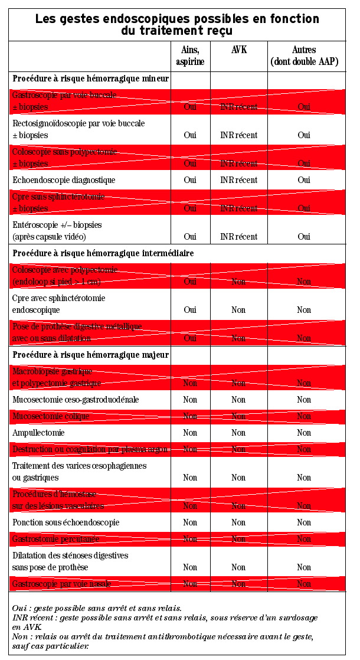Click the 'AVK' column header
click(x=238, y=50)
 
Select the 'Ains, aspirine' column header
click(x=189, y=55)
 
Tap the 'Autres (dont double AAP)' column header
click(x=303, y=55)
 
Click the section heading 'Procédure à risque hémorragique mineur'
click(x=91, y=79)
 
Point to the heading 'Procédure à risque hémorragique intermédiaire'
click(x=103, y=253)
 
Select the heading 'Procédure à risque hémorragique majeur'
click(x=91, y=355)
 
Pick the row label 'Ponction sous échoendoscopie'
click(x=66, y=522)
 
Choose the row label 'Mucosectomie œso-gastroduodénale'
click(x=76, y=400)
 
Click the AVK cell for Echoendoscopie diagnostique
click(x=238, y=180)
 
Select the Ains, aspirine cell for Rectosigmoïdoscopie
click(x=190, y=135)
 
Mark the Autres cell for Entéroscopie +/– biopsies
click(x=303, y=237)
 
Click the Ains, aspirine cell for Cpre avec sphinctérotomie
click(x=190, y=310)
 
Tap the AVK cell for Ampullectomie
click(x=238, y=433)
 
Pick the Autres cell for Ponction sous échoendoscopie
click(x=303, y=522)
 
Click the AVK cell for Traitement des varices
click(x=238, y=478)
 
